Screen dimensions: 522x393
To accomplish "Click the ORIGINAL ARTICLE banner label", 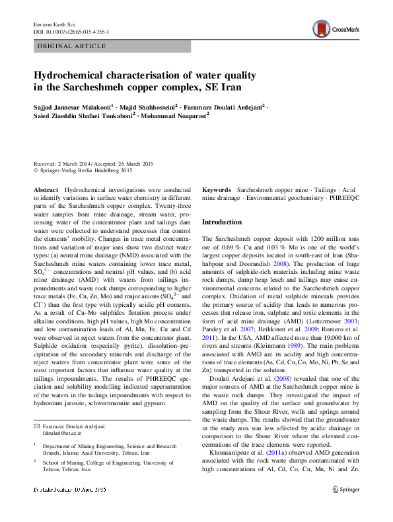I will tap(72, 46).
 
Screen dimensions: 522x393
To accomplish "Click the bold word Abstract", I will tap(46, 189).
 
